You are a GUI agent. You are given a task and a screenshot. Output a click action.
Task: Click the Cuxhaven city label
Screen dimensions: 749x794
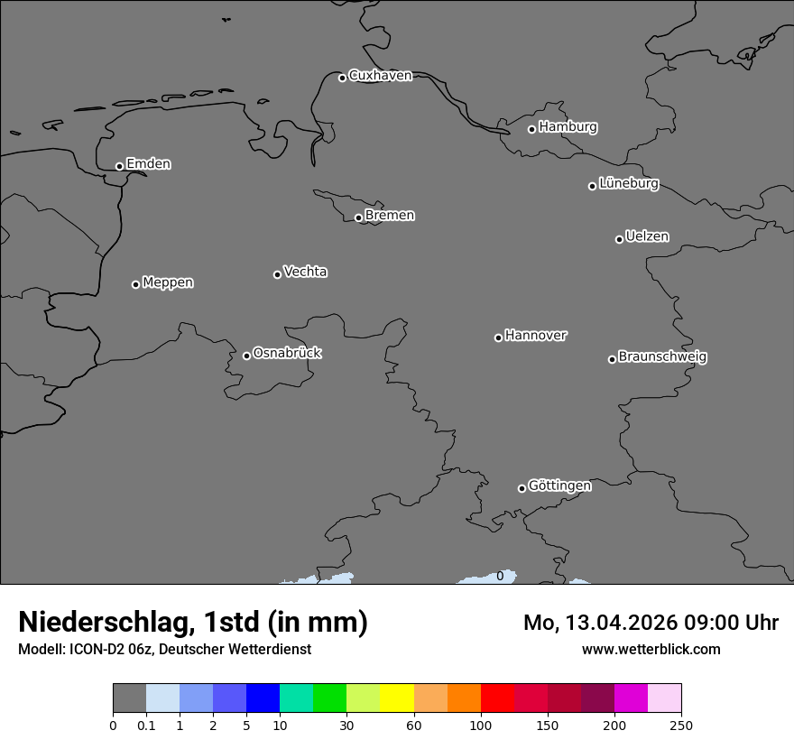coord(380,76)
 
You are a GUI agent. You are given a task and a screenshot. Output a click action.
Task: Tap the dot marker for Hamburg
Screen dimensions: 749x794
coord(532,129)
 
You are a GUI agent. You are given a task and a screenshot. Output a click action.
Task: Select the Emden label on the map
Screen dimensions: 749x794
coord(148,164)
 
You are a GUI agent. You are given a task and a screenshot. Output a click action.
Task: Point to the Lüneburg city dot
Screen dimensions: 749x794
coord(593,186)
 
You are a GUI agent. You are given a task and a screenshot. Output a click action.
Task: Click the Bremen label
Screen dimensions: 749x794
coord(390,216)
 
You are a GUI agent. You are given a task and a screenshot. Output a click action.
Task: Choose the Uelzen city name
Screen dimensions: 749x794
coord(647,237)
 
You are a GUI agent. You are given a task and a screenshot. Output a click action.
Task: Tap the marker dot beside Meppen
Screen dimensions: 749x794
coord(136,284)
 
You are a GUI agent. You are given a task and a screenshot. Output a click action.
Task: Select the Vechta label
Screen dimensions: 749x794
coord(305,272)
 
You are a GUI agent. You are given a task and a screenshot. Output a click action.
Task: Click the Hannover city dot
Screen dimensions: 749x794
coord(498,338)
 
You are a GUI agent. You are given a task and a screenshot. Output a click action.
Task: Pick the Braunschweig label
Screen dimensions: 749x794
coord(662,357)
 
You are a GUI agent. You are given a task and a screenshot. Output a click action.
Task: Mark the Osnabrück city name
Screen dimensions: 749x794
coord(287,354)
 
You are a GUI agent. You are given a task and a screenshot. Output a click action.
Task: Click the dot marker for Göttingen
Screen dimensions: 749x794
coord(522,488)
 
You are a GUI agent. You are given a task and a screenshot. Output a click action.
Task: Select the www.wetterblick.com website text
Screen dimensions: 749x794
coord(651,649)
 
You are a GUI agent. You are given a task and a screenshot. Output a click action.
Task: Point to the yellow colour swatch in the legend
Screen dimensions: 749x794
coord(397,698)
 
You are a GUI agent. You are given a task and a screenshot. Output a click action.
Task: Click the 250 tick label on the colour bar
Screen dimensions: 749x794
coord(681,725)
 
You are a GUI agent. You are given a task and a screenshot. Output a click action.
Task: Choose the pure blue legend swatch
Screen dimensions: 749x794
coord(263,698)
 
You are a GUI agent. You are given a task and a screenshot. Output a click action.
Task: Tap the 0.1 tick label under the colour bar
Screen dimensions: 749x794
coord(146,725)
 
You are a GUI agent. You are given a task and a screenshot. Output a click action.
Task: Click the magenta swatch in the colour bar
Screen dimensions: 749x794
coord(631,698)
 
